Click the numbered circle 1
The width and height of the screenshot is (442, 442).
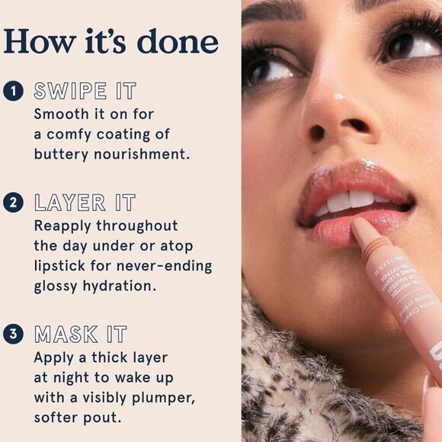(12, 92)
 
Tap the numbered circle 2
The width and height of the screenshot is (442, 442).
(12, 203)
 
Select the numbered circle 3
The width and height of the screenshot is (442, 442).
(12, 334)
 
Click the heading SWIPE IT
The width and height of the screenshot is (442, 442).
(84, 92)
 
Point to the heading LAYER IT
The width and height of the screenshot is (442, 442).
(84, 203)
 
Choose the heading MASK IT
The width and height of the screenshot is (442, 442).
(80, 335)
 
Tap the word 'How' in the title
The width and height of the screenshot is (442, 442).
(37, 41)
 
